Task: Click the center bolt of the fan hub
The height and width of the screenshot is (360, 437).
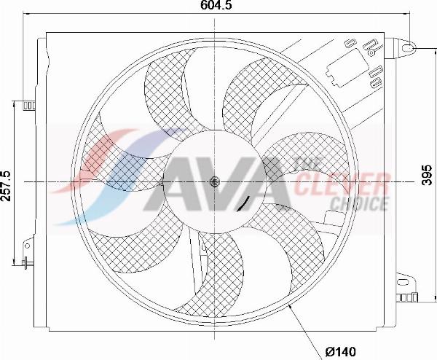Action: click(214, 181)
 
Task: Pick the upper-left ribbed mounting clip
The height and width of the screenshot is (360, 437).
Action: click(28, 106)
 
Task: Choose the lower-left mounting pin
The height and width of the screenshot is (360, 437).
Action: click(28, 264)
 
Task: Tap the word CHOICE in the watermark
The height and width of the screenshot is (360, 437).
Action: click(358, 203)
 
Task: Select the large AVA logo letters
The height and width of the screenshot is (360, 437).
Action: click(219, 182)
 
